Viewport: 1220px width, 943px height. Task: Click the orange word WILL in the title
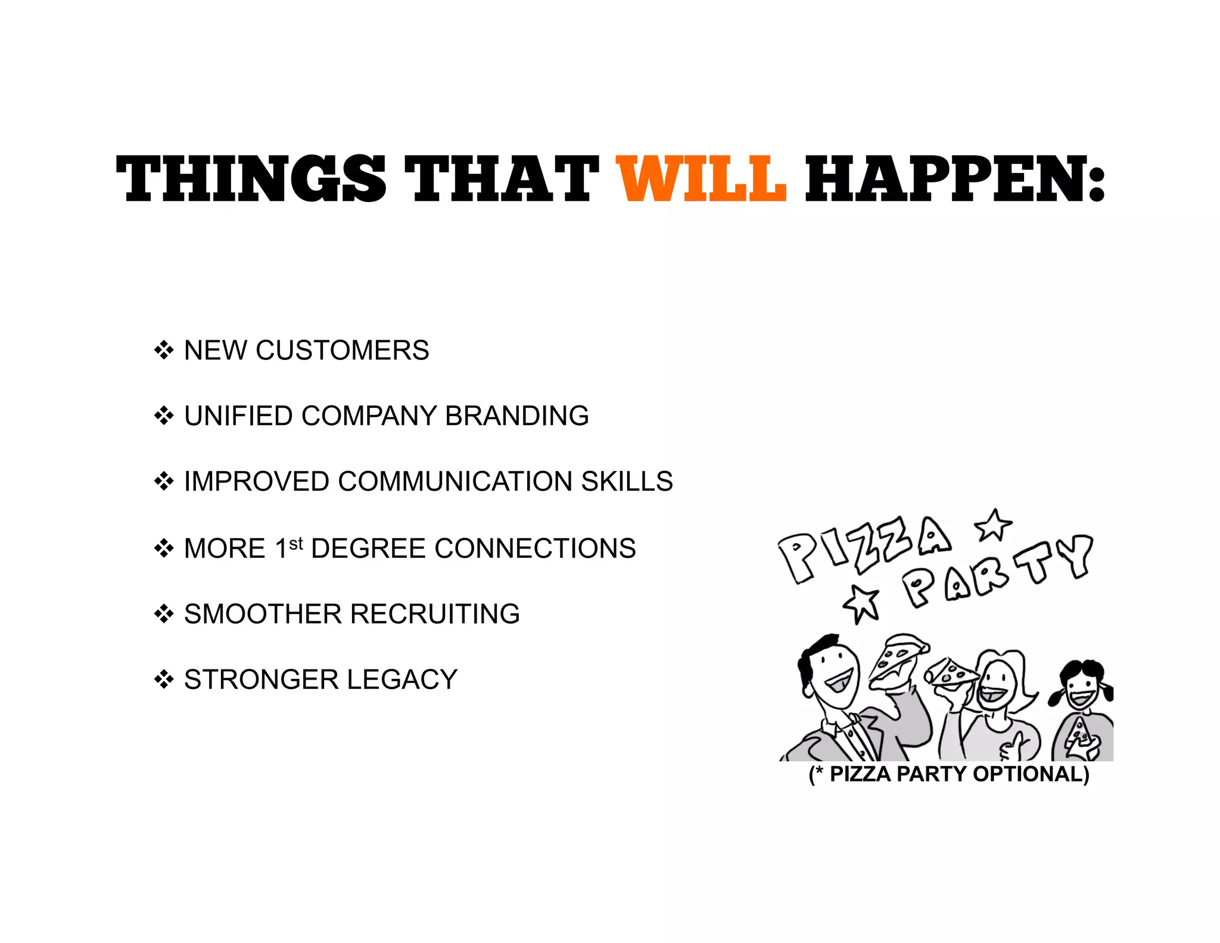[x=701, y=178]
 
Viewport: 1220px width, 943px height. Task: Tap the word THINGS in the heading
[x=251, y=178]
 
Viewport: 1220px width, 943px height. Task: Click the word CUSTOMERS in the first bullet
[x=342, y=350]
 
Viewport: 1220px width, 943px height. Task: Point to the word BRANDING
[x=516, y=415]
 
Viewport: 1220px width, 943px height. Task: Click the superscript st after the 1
[x=296, y=544]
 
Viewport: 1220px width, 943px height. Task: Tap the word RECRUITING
[x=434, y=613]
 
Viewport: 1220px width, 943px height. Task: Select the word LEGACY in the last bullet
[x=402, y=680]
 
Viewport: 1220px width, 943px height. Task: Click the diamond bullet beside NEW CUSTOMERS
[x=164, y=350]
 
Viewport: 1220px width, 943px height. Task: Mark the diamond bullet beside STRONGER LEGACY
[x=164, y=680]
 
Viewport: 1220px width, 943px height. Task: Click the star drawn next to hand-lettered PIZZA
[x=993, y=525]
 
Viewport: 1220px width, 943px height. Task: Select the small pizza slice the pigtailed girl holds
[x=1079, y=732]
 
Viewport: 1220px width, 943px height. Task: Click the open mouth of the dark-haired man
[x=840, y=680]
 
